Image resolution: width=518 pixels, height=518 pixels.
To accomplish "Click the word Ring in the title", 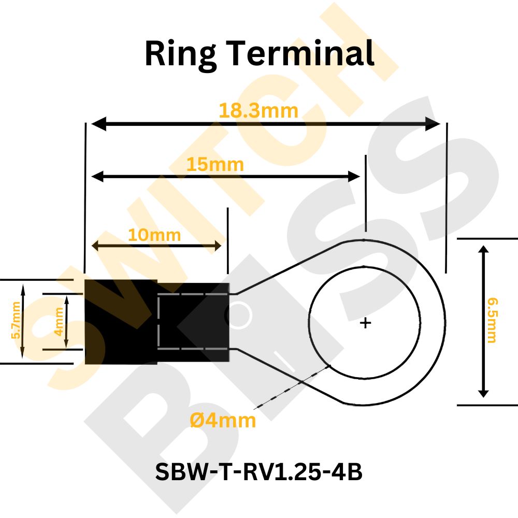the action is (180, 54).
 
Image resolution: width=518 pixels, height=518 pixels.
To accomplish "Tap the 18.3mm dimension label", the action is (258, 111).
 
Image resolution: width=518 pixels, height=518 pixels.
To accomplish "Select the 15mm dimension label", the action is (215, 165).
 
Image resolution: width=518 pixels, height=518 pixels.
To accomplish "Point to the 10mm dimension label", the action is (154, 235).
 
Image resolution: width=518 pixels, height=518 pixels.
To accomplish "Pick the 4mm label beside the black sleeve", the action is (59, 322).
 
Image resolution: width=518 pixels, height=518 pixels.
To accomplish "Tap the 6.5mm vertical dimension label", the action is (492, 321).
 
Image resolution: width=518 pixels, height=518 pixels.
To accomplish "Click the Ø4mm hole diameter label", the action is (223, 421).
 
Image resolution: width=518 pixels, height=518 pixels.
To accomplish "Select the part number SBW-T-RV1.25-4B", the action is (258, 472).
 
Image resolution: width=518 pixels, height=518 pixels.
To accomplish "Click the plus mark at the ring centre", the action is (365, 323).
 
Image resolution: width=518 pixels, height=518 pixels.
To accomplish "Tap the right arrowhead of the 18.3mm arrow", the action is (433, 124).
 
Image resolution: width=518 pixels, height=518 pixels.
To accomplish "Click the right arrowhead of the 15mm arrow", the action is (354, 177).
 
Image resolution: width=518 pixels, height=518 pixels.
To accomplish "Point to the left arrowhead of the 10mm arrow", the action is (95, 246).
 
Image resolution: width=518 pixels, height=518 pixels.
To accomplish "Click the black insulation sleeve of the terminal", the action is (157, 322).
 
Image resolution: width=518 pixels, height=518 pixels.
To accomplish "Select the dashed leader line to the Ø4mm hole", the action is (292, 387).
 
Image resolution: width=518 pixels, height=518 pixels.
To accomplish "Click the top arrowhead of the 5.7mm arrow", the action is (22, 288).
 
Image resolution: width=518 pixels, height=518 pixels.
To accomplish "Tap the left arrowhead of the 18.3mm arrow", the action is (98, 124).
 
